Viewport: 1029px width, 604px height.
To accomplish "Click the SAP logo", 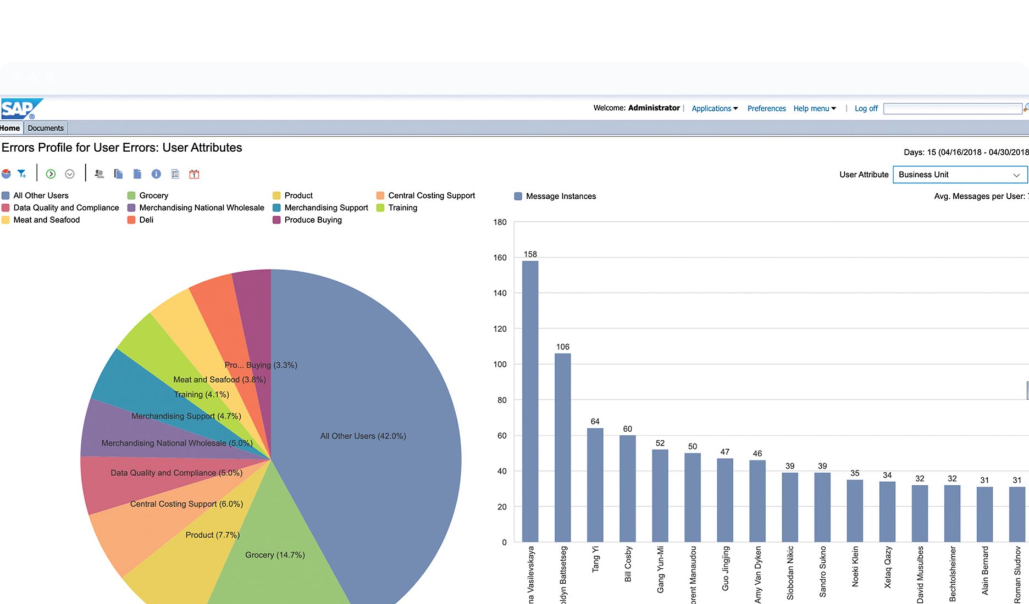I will coord(21,109).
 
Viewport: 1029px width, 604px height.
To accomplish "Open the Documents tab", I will coord(46,128).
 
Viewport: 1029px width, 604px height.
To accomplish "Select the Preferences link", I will coord(766,109).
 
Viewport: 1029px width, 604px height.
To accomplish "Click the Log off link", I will coord(866,109).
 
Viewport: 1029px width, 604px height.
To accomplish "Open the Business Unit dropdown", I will coord(959,175).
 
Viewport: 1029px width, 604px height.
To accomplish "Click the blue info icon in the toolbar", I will coord(156,174).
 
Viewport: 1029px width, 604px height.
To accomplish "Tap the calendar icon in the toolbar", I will coord(194,174).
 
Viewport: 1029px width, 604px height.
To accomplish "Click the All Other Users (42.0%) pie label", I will coord(363,436).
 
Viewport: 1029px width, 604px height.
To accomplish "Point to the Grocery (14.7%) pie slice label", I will coord(274,555).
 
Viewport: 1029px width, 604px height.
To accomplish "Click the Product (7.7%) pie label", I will coord(212,535).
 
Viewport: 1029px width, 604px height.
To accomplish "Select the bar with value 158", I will coord(530,401).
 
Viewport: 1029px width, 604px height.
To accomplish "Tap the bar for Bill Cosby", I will coord(627,489).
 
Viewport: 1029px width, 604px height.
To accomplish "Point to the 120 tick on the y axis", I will coord(500,329).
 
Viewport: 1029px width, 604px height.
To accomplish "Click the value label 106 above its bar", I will coord(562,347).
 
